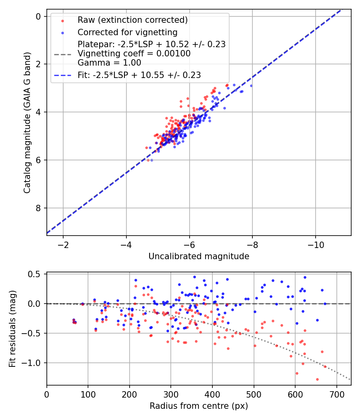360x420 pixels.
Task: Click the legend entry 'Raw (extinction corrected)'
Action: pos(132,20)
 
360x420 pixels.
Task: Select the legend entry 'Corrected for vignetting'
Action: pos(127,32)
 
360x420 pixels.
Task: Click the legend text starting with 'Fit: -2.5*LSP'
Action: pos(139,75)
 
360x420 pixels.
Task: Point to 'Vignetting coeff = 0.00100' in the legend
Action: pos(134,54)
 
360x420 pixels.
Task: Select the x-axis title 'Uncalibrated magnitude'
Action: pos(199,256)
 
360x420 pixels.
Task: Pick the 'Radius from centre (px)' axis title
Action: pos(199,406)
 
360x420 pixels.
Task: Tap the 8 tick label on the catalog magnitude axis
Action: pos(38,208)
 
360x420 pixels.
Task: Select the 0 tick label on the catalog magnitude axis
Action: pos(38,16)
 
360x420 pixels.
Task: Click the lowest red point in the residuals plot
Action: pos(317,379)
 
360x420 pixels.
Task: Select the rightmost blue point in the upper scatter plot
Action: pos(251,86)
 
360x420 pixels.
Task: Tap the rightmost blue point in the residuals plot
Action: pos(325,304)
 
